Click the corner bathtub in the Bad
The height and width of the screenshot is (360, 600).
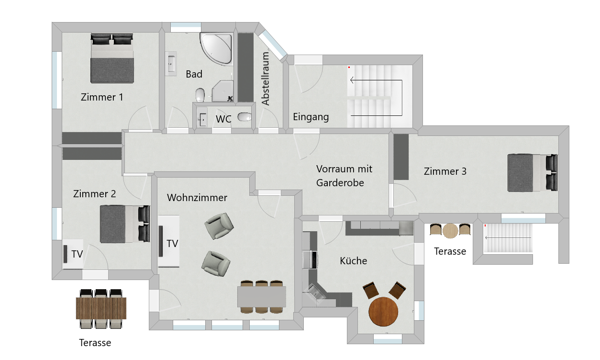tap(216, 49)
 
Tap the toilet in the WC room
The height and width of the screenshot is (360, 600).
tap(244, 117)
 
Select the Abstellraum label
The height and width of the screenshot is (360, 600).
tap(265, 79)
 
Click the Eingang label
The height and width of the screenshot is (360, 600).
tap(311, 117)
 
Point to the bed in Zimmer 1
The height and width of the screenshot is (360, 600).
tap(112, 58)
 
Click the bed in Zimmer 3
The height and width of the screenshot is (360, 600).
tap(533, 173)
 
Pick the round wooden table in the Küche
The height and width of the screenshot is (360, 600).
tap(383, 312)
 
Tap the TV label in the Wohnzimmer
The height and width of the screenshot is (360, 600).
tap(172, 244)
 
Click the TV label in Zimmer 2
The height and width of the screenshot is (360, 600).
tap(77, 254)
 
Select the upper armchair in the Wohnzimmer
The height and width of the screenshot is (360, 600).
tap(219, 225)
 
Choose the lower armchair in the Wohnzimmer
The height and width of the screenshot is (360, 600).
tap(216, 264)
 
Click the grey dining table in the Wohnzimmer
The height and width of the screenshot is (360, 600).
tap(262, 297)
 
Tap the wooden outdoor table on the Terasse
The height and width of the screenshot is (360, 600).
tap(101, 308)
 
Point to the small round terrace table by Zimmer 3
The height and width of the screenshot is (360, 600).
tap(450, 231)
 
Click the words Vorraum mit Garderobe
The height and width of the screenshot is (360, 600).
tap(344, 176)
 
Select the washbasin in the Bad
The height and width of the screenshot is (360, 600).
tap(171, 64)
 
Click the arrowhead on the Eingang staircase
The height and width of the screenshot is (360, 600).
tap(352, 80)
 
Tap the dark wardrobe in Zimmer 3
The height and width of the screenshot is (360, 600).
tap(401, 157)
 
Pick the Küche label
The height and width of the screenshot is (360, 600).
tap(353, 261)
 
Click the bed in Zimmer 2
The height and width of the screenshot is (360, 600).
tap(125, 224)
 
